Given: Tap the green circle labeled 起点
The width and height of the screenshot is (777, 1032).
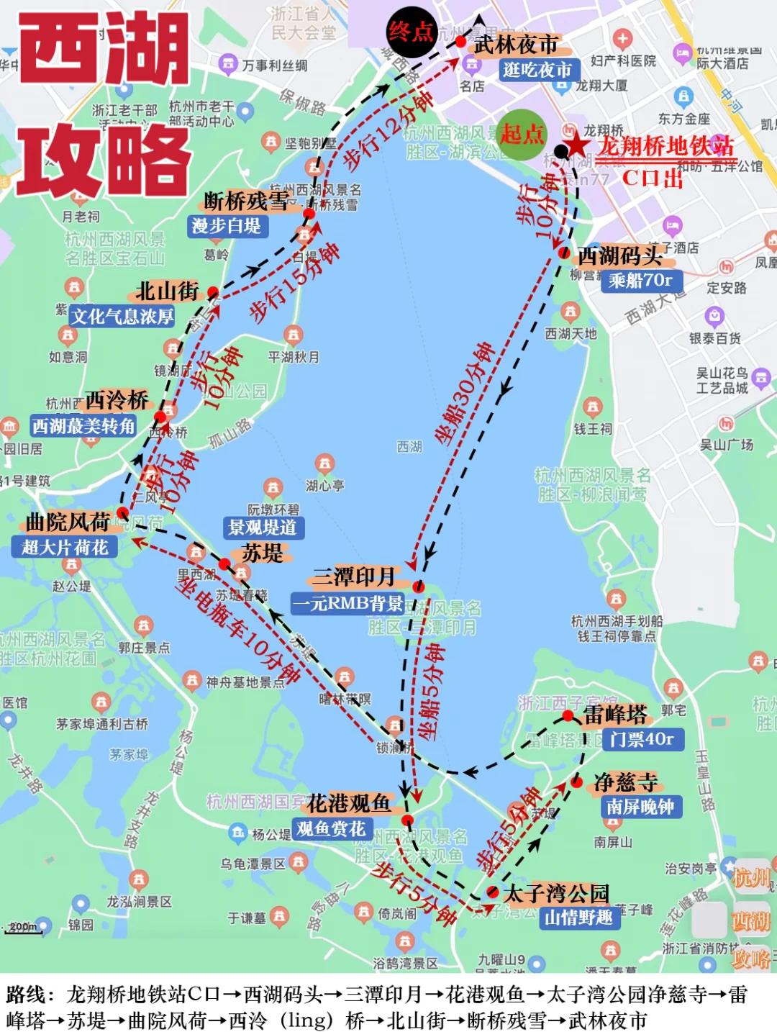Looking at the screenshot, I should point(522,134).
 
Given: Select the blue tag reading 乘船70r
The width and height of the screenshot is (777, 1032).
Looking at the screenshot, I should point(640,280).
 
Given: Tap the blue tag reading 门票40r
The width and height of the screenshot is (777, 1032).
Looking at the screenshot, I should point(641,739).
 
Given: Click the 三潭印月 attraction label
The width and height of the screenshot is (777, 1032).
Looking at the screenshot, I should point(353,576).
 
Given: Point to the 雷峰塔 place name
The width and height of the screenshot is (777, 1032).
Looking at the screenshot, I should point(615,715).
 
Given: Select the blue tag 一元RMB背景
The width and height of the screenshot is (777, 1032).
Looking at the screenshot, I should point(347,603).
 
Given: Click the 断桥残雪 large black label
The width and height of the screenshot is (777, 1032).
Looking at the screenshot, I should point(247,201).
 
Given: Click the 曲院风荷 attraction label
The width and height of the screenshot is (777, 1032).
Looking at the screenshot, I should point(68,522).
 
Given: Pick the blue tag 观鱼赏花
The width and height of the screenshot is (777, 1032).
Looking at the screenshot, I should point(331,829).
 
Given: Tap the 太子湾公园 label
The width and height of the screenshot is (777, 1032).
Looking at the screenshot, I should point(556,894).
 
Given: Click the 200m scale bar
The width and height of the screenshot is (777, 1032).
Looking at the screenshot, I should point(23,928).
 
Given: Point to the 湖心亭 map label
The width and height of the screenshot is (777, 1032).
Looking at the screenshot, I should point(325,486).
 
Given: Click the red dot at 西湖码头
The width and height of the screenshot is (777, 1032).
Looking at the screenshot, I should point(564,253).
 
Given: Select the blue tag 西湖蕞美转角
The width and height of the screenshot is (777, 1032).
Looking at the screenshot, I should point(83,426).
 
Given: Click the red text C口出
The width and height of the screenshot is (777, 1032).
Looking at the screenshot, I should point(652,177).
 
